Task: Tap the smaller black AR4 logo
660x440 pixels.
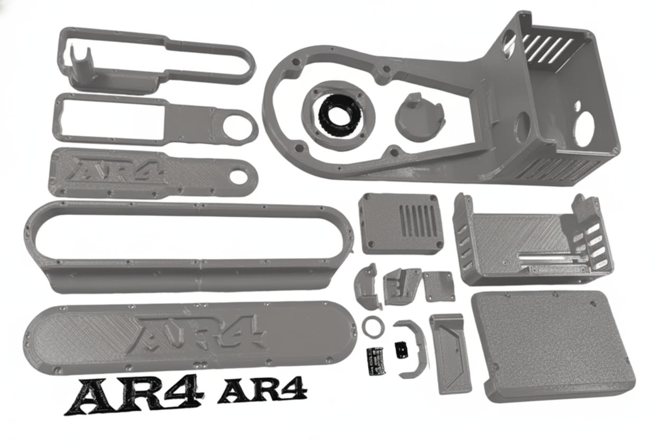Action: tap(262, 390)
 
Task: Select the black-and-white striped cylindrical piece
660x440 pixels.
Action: tap(376, 361)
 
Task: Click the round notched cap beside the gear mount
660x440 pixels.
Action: tap(419, 118)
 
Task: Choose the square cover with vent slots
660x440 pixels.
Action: tap(401, 223)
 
